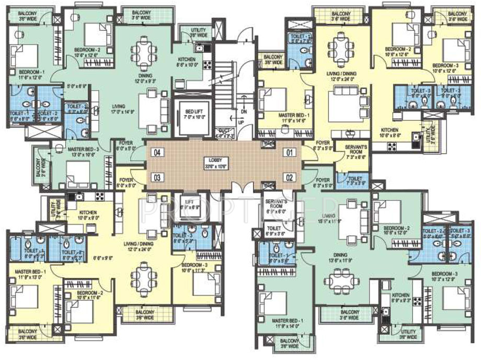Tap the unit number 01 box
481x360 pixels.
(x=288, y=153)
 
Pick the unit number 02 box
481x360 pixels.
(x=288, y=176)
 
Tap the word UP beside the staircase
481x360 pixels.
(x=241, y=122)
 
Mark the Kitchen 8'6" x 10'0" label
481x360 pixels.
(x=187, y=62)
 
